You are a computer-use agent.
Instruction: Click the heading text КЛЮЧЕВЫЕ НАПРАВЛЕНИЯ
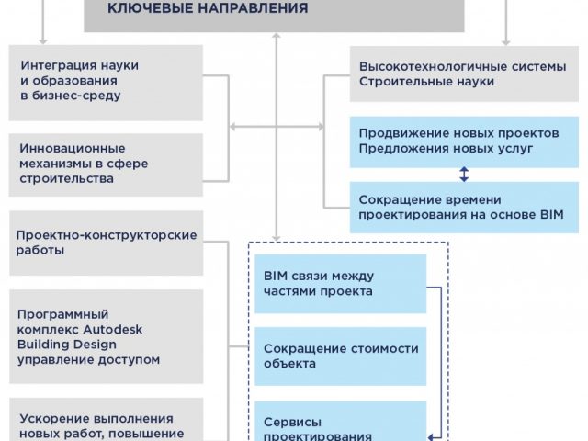(208, 7)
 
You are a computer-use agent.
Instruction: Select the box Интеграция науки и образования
(106, 83)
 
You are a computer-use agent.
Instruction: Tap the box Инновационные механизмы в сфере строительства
(106, 164)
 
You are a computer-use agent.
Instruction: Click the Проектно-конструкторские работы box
(107, 243)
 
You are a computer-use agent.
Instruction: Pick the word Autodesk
(112, 329)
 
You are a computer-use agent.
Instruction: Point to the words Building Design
(67, 345)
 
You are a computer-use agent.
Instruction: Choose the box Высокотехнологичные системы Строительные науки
(464, 73)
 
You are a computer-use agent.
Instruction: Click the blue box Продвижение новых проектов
(464, 141)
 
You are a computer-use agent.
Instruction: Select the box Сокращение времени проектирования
(464, 208)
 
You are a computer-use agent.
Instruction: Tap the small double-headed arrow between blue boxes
(464, 175)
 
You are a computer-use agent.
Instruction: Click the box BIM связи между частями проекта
(341, 284)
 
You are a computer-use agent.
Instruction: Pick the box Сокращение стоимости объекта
(341, 356)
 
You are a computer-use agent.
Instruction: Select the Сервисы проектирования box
(341, 421)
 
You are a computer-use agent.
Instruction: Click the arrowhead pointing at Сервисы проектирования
(431, 437)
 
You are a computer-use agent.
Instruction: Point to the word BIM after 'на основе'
(552, 214)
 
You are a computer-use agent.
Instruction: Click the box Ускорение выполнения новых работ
(107, 420)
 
